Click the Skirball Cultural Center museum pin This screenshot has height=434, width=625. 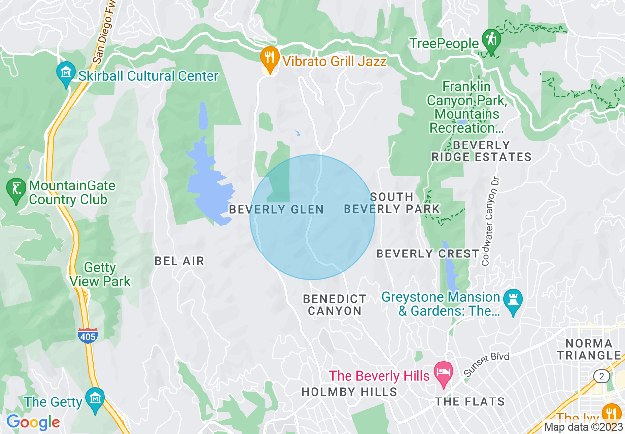tap(66, 72)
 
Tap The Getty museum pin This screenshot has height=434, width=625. tap(95, 398)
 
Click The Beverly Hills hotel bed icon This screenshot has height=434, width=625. tap(444, 373)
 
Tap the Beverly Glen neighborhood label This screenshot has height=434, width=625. tap(277, 210)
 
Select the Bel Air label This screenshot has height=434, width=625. tap(179, 261)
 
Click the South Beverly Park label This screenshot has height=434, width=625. tap(391, 203)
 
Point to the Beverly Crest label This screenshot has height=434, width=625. tap(427, 254)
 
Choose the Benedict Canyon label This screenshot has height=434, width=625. tap(335, 305)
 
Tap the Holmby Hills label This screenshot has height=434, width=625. tap(349, 392)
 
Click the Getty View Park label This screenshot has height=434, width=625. tap(100, 275)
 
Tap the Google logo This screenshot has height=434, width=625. tap(33, 422)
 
